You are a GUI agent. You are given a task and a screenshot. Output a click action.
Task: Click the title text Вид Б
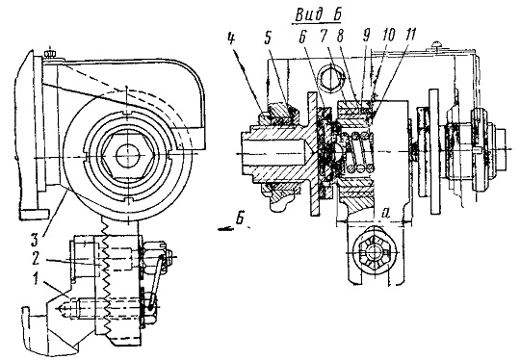[x=318, y=14]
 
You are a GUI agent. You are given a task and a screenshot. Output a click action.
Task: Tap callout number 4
[x=231, y=39]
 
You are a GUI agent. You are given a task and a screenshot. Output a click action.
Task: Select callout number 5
[x=268, y=39]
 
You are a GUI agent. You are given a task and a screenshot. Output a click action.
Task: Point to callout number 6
[x=302, y=39]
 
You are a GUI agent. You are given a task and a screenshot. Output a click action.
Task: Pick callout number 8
[x=339, y=37]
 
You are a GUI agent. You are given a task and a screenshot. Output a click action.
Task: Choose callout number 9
[x=366, y=36]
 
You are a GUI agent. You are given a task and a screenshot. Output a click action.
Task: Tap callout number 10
[x=388, y=35]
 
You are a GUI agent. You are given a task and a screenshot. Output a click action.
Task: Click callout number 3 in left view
[x=36, y=240]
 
